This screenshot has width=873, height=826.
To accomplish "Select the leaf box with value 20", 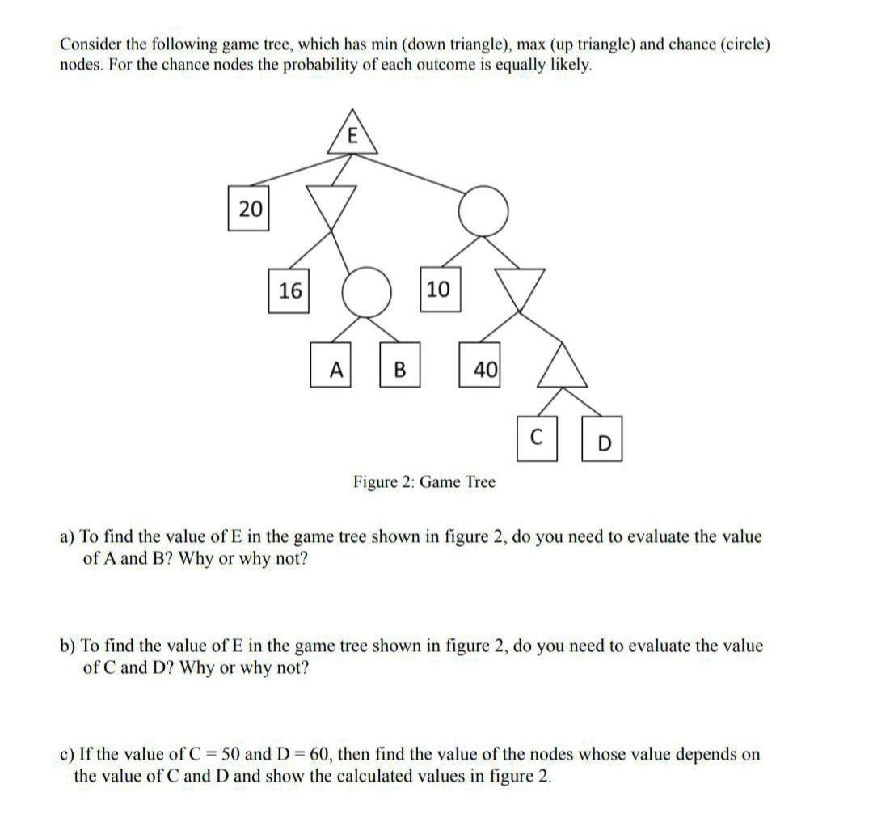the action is (x=250, y=209).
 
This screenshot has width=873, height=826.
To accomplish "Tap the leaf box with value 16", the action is (x=290, y=289).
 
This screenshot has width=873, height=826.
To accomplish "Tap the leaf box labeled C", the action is (x=538, y=439).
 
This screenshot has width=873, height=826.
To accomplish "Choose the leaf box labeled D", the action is (x=603, y=443).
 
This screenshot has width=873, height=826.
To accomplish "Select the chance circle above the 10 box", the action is (x=483, y=211).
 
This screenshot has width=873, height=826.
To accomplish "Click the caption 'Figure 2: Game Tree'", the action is (x=424, y=482).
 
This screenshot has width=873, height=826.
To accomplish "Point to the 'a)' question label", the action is (x=67, y=536).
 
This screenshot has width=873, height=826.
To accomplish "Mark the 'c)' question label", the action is (x=67, y=755).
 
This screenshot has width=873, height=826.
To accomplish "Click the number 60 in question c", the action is (x=320, y=755).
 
